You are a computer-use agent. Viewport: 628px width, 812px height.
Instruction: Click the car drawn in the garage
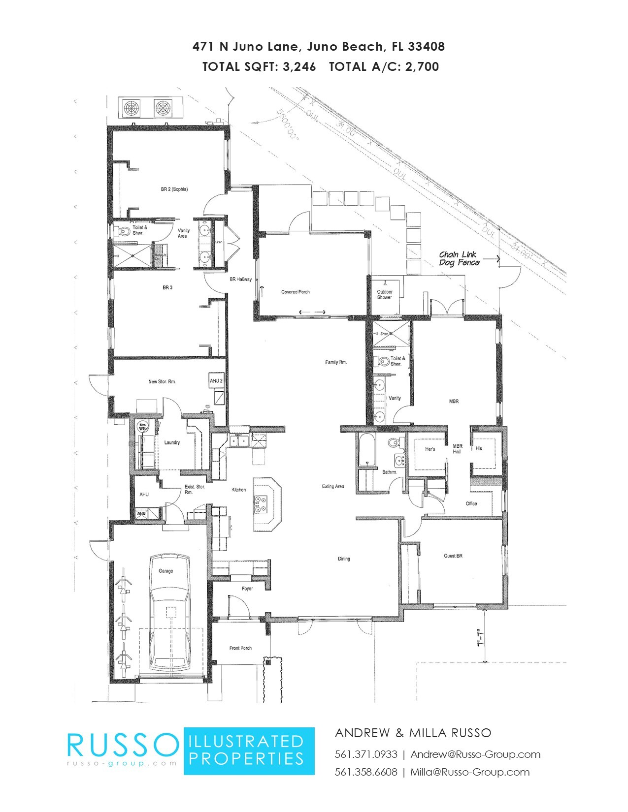(170, 615)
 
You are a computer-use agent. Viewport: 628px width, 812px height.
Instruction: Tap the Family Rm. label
(336, 362)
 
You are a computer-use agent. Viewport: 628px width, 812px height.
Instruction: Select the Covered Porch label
(296, 292)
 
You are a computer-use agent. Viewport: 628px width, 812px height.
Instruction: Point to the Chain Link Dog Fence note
(459, 258)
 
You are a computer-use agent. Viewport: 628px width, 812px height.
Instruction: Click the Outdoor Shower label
(385, 294)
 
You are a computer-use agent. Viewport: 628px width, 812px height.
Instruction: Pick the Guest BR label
(453, 556)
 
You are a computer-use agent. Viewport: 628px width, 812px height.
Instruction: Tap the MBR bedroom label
(454, 402)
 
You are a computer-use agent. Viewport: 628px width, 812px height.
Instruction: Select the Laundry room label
(172, 442)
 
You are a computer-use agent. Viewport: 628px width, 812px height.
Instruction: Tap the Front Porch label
(240, 648)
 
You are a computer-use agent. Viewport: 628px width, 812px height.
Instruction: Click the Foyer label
(247, 589)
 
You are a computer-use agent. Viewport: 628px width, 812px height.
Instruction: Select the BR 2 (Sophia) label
(174, 189)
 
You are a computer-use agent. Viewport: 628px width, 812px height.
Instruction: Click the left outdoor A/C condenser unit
(132, 108)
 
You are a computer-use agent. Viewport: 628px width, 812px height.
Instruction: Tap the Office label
(471, 503)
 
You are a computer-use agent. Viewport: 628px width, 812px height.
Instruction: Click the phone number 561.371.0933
(366, 754)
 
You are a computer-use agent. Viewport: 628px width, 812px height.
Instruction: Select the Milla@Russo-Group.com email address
(470, 772)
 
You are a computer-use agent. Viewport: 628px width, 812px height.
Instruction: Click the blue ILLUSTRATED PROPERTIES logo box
(249, 750)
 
